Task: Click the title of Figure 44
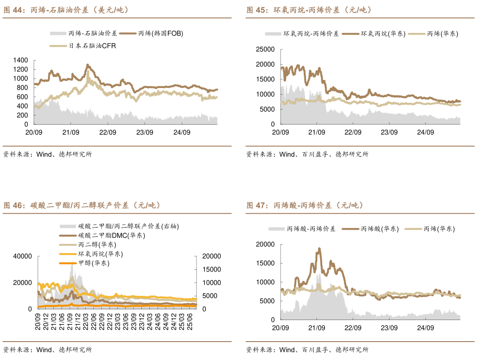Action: pyautogui.click(x=66, y=10)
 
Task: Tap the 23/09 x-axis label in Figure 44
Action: pyautogui.click(x=144, y=132)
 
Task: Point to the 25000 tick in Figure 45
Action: pyautogui.click(x=264, y=49)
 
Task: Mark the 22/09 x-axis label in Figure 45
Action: pyautogui.click(x=353, y=132)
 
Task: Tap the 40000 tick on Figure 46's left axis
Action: pyautogui.click(x=23, y=256)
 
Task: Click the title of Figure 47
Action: pyautogui.click(x=305, y=206)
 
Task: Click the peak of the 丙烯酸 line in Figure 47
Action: pyautogui.click(x=319, y=248)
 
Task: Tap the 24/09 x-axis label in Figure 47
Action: pyautogui.click(x=426, y=328)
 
